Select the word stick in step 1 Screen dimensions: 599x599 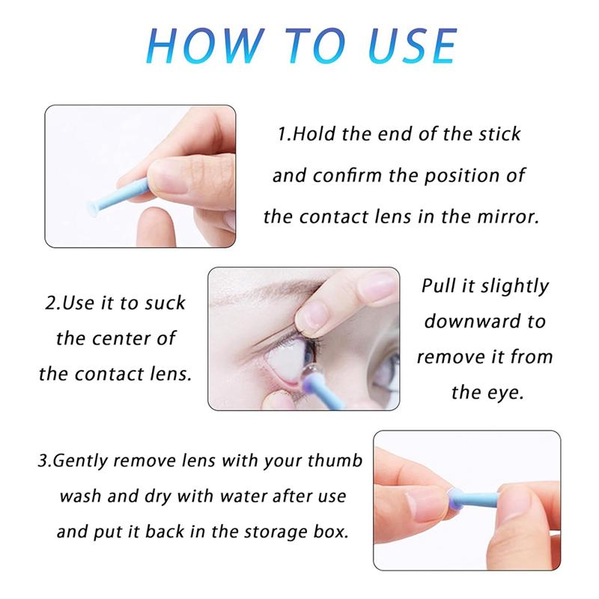(499, 135)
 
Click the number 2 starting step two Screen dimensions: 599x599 (49, 304)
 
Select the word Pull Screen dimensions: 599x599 (440, 287)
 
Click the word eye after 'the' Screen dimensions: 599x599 (508, 392)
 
